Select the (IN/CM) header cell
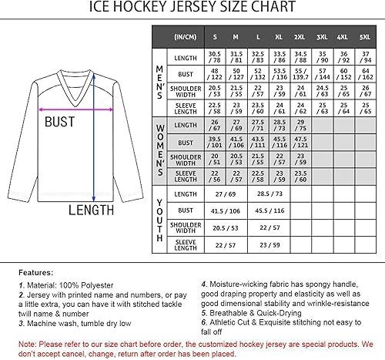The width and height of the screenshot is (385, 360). (x=184, y=36)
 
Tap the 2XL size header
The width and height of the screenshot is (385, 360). (x=300, y=36)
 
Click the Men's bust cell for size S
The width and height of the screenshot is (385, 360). (x=214, y=74)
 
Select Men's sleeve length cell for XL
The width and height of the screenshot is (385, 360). (x=279, y=109)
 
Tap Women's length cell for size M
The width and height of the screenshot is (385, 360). (x=236, y=126)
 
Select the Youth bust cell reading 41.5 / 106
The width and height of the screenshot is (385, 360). (x=225, y=210)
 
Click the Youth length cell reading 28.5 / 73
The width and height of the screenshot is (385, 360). (x=268, y=193)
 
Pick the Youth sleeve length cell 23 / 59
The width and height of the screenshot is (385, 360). (x=268, y=244)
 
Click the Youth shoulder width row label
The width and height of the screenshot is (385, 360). (x=185, y=227)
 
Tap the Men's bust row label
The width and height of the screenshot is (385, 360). (x=185, y=74)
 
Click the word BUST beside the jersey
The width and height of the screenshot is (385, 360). (x=59, y=121)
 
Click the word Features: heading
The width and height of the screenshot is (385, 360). (x=36, y=272)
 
